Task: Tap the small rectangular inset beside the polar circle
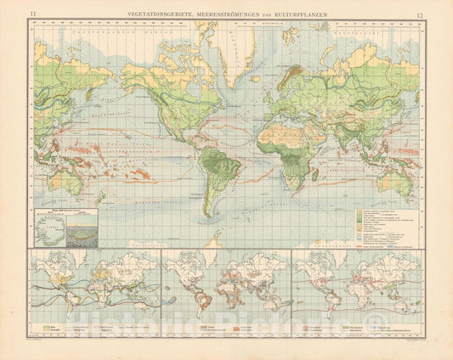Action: [84, 230]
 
